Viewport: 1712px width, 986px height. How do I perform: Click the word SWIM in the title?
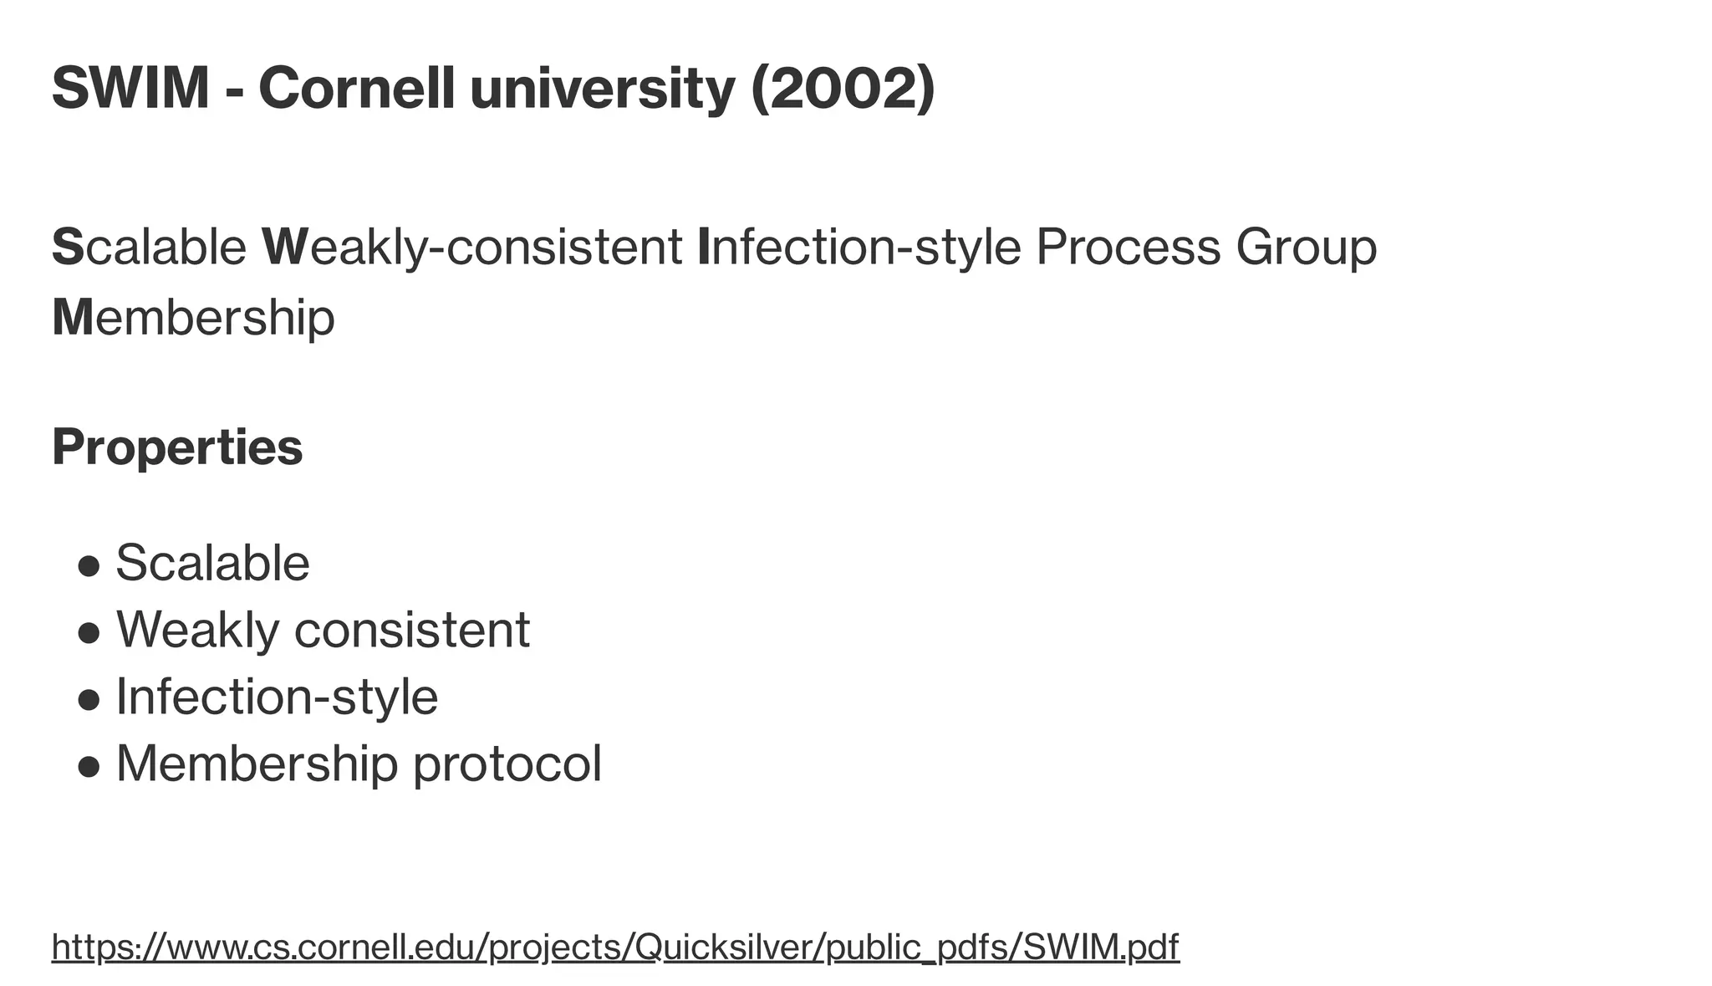(x=130, y=88)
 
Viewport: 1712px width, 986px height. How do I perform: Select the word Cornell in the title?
(x=357, y=88)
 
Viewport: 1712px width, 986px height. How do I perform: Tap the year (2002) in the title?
(x=843, y=88)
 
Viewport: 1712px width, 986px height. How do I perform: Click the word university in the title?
(x=602, y=88)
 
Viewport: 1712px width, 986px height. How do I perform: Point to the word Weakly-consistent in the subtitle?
(x=472, y=248)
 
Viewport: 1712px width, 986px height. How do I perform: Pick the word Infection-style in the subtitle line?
(x=859, y=248)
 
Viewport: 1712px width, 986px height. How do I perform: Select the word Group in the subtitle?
(x=1306, y=248)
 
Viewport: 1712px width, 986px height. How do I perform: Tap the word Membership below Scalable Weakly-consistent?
(x=193, y=318)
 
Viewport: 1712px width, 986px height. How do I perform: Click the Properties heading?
(x=177, y=447)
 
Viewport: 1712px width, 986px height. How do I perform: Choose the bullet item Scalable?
(x=212, y=562)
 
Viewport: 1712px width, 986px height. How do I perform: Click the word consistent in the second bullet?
(x=412, y=629)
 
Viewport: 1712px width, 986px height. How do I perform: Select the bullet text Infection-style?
(x=277, y=696)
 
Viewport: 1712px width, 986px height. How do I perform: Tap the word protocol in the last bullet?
(x=507, y=763)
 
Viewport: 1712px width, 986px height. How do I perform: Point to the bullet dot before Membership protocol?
(x=89, y=766)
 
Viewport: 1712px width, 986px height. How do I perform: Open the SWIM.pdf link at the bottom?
(x=1101, y=947)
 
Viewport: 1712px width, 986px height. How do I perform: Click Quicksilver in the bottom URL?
(x=726, y=947)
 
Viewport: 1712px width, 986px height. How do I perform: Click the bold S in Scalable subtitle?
(x=68, y=248)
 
